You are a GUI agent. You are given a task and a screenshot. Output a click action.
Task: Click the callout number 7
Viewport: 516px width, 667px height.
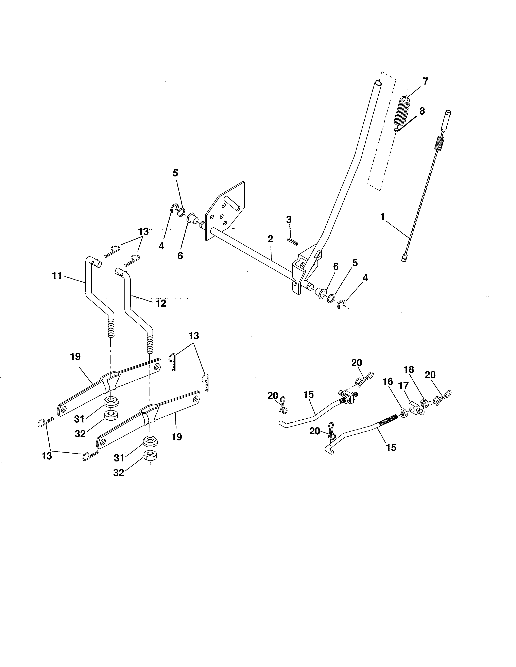[x=425, y=81]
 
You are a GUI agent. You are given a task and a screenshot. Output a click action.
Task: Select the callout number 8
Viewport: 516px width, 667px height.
[x=422, y=111]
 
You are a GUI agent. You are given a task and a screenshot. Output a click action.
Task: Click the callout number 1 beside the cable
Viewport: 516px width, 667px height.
[x=382, y=217]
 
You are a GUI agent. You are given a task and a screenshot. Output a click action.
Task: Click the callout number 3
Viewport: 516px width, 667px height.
[x=289, y=220]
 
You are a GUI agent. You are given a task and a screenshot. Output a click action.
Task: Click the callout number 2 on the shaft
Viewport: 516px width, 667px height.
[x=270, y=239]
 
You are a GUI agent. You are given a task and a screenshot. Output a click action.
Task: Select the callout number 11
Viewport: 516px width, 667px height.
[x=57, y=276]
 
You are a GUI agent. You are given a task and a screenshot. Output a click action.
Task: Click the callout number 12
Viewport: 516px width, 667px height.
[x=161, y=303]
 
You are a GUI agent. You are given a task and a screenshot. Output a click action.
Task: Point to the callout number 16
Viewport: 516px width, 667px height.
[x=388, y=381]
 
